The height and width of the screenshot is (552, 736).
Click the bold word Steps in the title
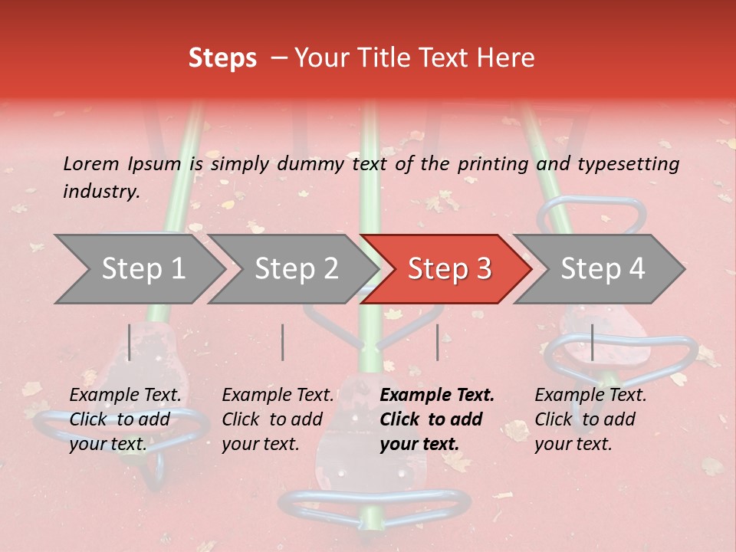tap(222, 58)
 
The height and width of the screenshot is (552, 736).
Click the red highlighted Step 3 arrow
tap(449, 268)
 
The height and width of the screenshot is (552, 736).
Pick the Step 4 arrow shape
tap(603, 268)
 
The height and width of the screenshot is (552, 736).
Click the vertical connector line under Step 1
tap(130, 342)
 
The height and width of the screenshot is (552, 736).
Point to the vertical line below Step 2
tap(283, 342)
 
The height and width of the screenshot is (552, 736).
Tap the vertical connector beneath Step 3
tap(437, 342)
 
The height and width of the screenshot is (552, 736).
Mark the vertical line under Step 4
tap(593, 342)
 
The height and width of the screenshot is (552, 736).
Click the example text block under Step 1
tap(125, 419)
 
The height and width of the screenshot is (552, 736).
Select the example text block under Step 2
tap(278, 419)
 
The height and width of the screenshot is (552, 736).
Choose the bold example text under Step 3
tap(437, 419)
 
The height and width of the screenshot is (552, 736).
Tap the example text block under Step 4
tap(590, 419)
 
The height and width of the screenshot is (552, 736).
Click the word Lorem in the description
tap(91, 163)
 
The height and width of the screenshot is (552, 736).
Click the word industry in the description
tap(101, 192)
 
